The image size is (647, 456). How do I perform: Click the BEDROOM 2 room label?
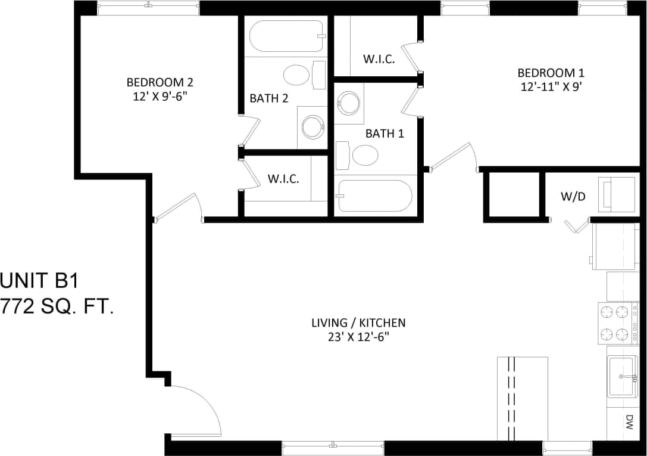[x=160, y=82]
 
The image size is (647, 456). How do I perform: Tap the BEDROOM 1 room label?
[x=551, y=73]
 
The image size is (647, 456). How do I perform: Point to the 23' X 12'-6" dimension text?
[x=358, y=336]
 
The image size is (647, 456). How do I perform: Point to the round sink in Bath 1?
[x=349, y=103]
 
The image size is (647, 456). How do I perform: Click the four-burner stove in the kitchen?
[x=614, y=322]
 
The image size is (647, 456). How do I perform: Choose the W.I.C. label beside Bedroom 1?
[x=379, y=60]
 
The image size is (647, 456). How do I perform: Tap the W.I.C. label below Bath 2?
[x=283, y=179]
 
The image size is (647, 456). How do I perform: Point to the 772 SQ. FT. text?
[x=57, y=306]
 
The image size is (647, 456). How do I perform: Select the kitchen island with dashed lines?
[x=522, y=398]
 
